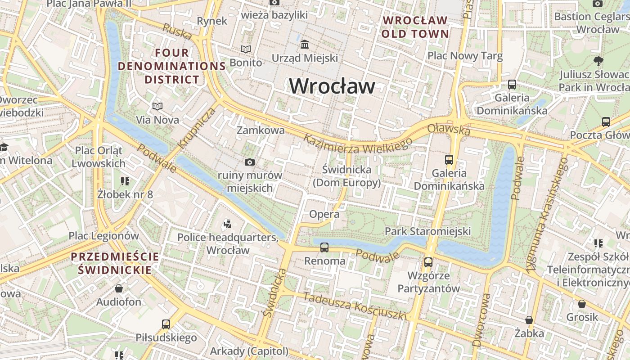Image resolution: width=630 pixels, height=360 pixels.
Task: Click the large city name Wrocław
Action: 332,86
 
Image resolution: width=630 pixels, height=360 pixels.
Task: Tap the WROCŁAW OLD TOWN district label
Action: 415,27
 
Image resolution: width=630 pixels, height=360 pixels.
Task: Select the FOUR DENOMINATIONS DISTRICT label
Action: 171,66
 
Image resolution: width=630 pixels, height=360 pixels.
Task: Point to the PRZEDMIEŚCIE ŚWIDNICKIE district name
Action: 115,263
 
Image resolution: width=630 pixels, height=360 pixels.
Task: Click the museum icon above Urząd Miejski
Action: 305,44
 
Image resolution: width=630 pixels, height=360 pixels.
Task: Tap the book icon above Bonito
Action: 246,49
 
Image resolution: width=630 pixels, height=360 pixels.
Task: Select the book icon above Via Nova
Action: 157,106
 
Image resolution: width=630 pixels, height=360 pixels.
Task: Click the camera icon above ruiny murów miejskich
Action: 249,162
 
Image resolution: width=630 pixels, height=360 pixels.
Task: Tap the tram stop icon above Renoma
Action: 324,247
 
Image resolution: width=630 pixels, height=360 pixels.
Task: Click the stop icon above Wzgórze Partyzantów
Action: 428,262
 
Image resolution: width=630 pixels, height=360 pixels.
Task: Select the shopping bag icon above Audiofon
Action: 119,288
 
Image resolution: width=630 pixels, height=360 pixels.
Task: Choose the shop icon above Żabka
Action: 529,320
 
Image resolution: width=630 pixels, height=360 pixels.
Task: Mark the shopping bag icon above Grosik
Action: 582,304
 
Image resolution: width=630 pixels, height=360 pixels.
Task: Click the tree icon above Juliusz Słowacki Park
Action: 598,61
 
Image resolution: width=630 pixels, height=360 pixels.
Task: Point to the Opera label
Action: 324,214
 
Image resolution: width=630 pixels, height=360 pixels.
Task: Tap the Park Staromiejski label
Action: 427,231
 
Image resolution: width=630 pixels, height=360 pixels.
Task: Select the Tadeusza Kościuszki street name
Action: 355,306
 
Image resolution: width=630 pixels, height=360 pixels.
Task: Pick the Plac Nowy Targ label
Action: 465,56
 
